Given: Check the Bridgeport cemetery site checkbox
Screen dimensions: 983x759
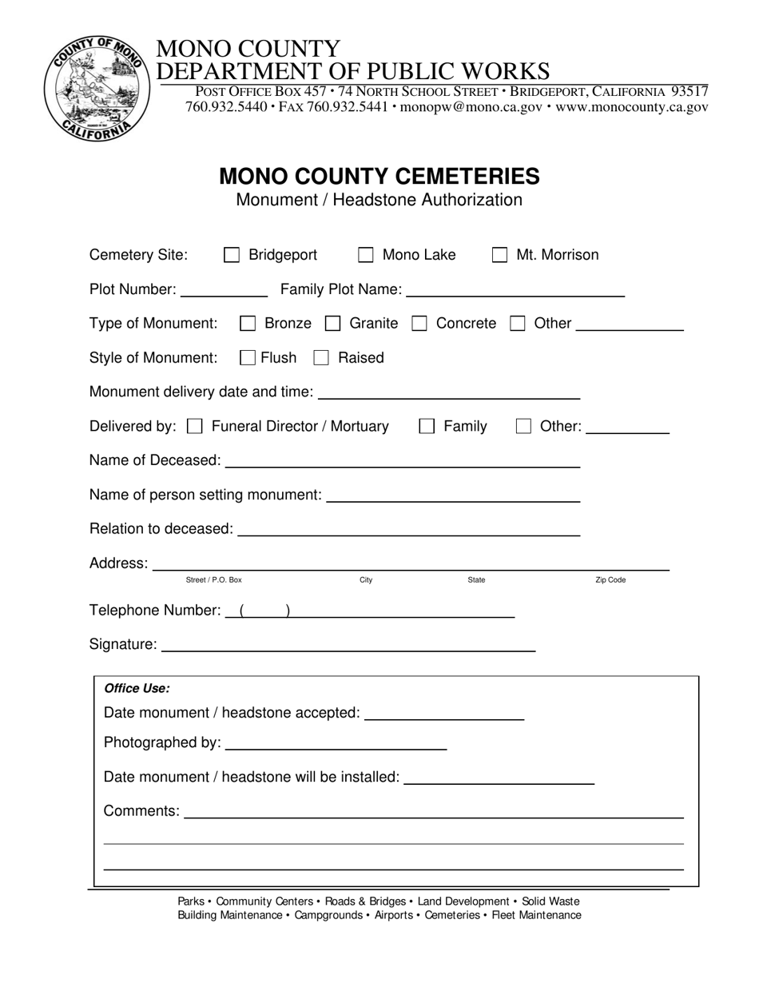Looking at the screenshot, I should (232, 256).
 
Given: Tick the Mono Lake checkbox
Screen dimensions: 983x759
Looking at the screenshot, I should (366, 256).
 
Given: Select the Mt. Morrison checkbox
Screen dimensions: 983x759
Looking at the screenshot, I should (499, 256).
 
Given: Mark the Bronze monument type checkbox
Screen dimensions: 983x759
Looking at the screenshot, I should (248, 324).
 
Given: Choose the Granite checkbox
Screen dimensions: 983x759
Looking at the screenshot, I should (332, 324).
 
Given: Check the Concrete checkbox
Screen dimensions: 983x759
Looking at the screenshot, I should (419, 324).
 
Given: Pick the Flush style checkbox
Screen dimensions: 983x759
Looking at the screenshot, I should (248, 358).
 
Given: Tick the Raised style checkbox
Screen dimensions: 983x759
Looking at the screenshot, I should (321, 358).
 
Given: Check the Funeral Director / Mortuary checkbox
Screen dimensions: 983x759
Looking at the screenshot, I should (194, 427).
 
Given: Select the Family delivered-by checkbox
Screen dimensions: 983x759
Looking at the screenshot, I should (427, 427).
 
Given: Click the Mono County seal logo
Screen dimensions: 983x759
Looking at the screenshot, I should (96, 88).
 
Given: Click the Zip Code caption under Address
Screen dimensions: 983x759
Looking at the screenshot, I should (610, 580).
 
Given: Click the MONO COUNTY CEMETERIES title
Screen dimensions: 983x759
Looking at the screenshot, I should (379, 176).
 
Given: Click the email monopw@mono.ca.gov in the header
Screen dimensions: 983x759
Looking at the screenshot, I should (471, 107).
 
